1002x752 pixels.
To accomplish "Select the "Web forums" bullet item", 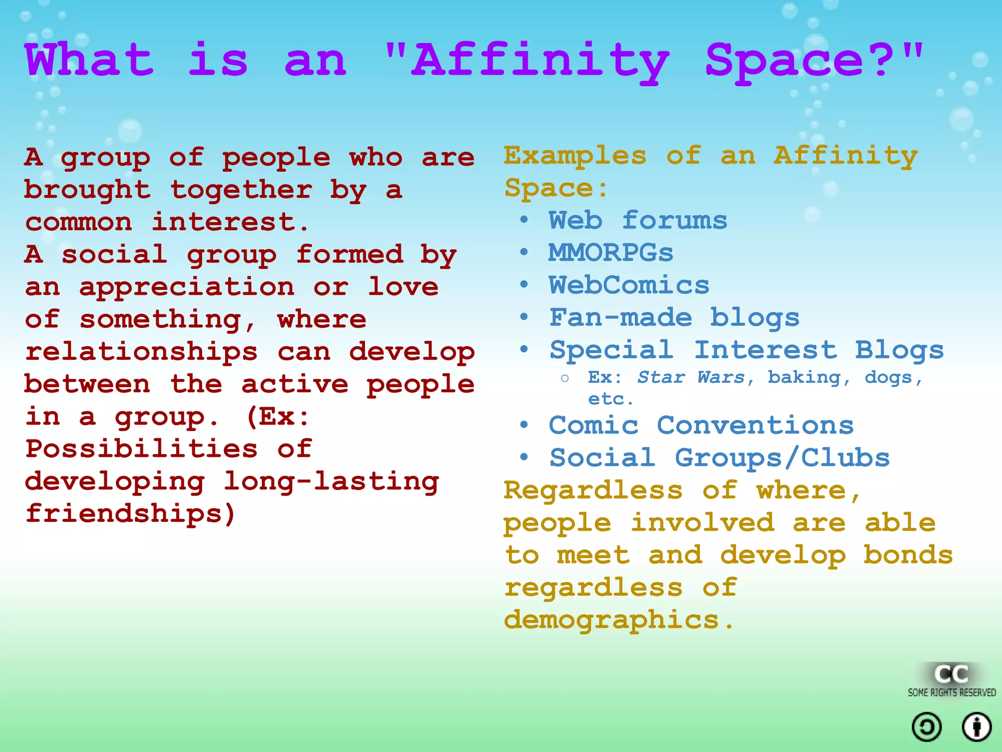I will (x=638, y=220).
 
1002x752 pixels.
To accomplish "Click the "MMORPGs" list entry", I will (x=611, y=253).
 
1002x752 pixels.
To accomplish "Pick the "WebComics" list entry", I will (x=629, y=285).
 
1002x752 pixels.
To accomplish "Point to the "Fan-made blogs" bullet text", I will (x=674, y=318).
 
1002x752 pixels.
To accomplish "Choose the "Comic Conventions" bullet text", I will (x=701, y=425).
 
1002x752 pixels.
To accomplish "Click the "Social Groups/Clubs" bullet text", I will (x=719, y=458).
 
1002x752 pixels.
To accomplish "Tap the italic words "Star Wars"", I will (x=691, y=377).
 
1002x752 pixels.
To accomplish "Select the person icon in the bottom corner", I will (x=977, y=727).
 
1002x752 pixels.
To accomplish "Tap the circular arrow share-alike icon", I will (x=927, y=727).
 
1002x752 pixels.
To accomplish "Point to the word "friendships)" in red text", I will (x=131, y=514).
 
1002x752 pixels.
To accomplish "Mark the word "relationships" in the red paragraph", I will (x=141, y=352).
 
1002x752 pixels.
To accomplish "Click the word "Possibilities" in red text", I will (x=141, y=449).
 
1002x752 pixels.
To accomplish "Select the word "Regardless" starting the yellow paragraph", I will (x=593, y=491).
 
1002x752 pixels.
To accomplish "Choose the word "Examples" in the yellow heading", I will (x=575, y=156).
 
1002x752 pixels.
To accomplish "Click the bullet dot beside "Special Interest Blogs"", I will (x=524, y=349).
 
